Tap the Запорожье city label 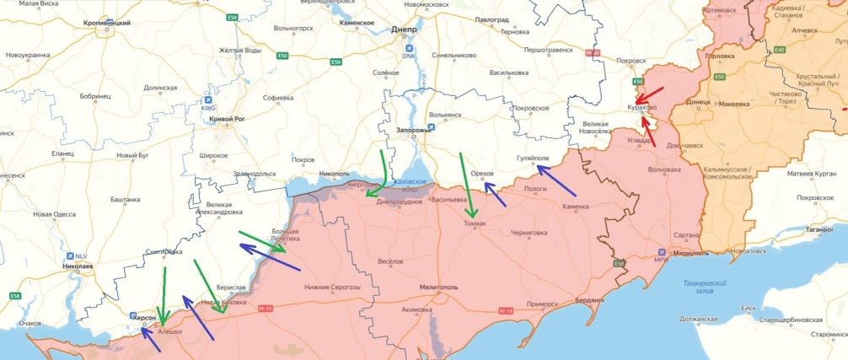click(414, 131)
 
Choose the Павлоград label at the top click(493, 19)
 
